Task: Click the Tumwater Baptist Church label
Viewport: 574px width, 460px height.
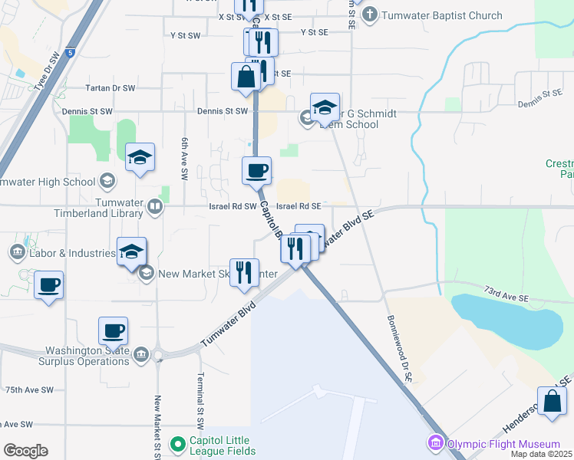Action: point(442,15)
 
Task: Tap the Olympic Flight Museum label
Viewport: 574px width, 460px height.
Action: point(503,444)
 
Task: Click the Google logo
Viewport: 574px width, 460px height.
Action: point(25,451)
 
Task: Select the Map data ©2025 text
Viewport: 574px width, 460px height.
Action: point(542,454)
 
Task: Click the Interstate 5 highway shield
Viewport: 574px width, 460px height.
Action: point(71,52)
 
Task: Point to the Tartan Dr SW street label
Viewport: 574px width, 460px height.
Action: point(112,88)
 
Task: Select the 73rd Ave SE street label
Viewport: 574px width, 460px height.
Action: point(506,296)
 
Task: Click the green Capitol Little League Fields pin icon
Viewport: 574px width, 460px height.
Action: point(178,444)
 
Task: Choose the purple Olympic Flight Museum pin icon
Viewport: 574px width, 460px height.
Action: point(436,444)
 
